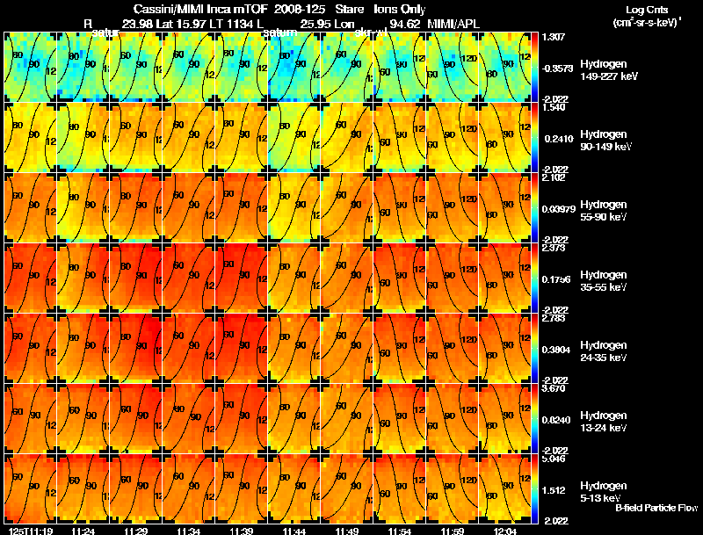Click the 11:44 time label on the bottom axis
(294, 530)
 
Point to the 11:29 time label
(135, 530)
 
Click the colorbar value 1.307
(554, 37)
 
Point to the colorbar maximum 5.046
(554, 459)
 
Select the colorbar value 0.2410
(554, 138)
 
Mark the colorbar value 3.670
(554, 388)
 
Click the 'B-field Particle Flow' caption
(656, 508)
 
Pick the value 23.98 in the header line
(141, 23)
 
